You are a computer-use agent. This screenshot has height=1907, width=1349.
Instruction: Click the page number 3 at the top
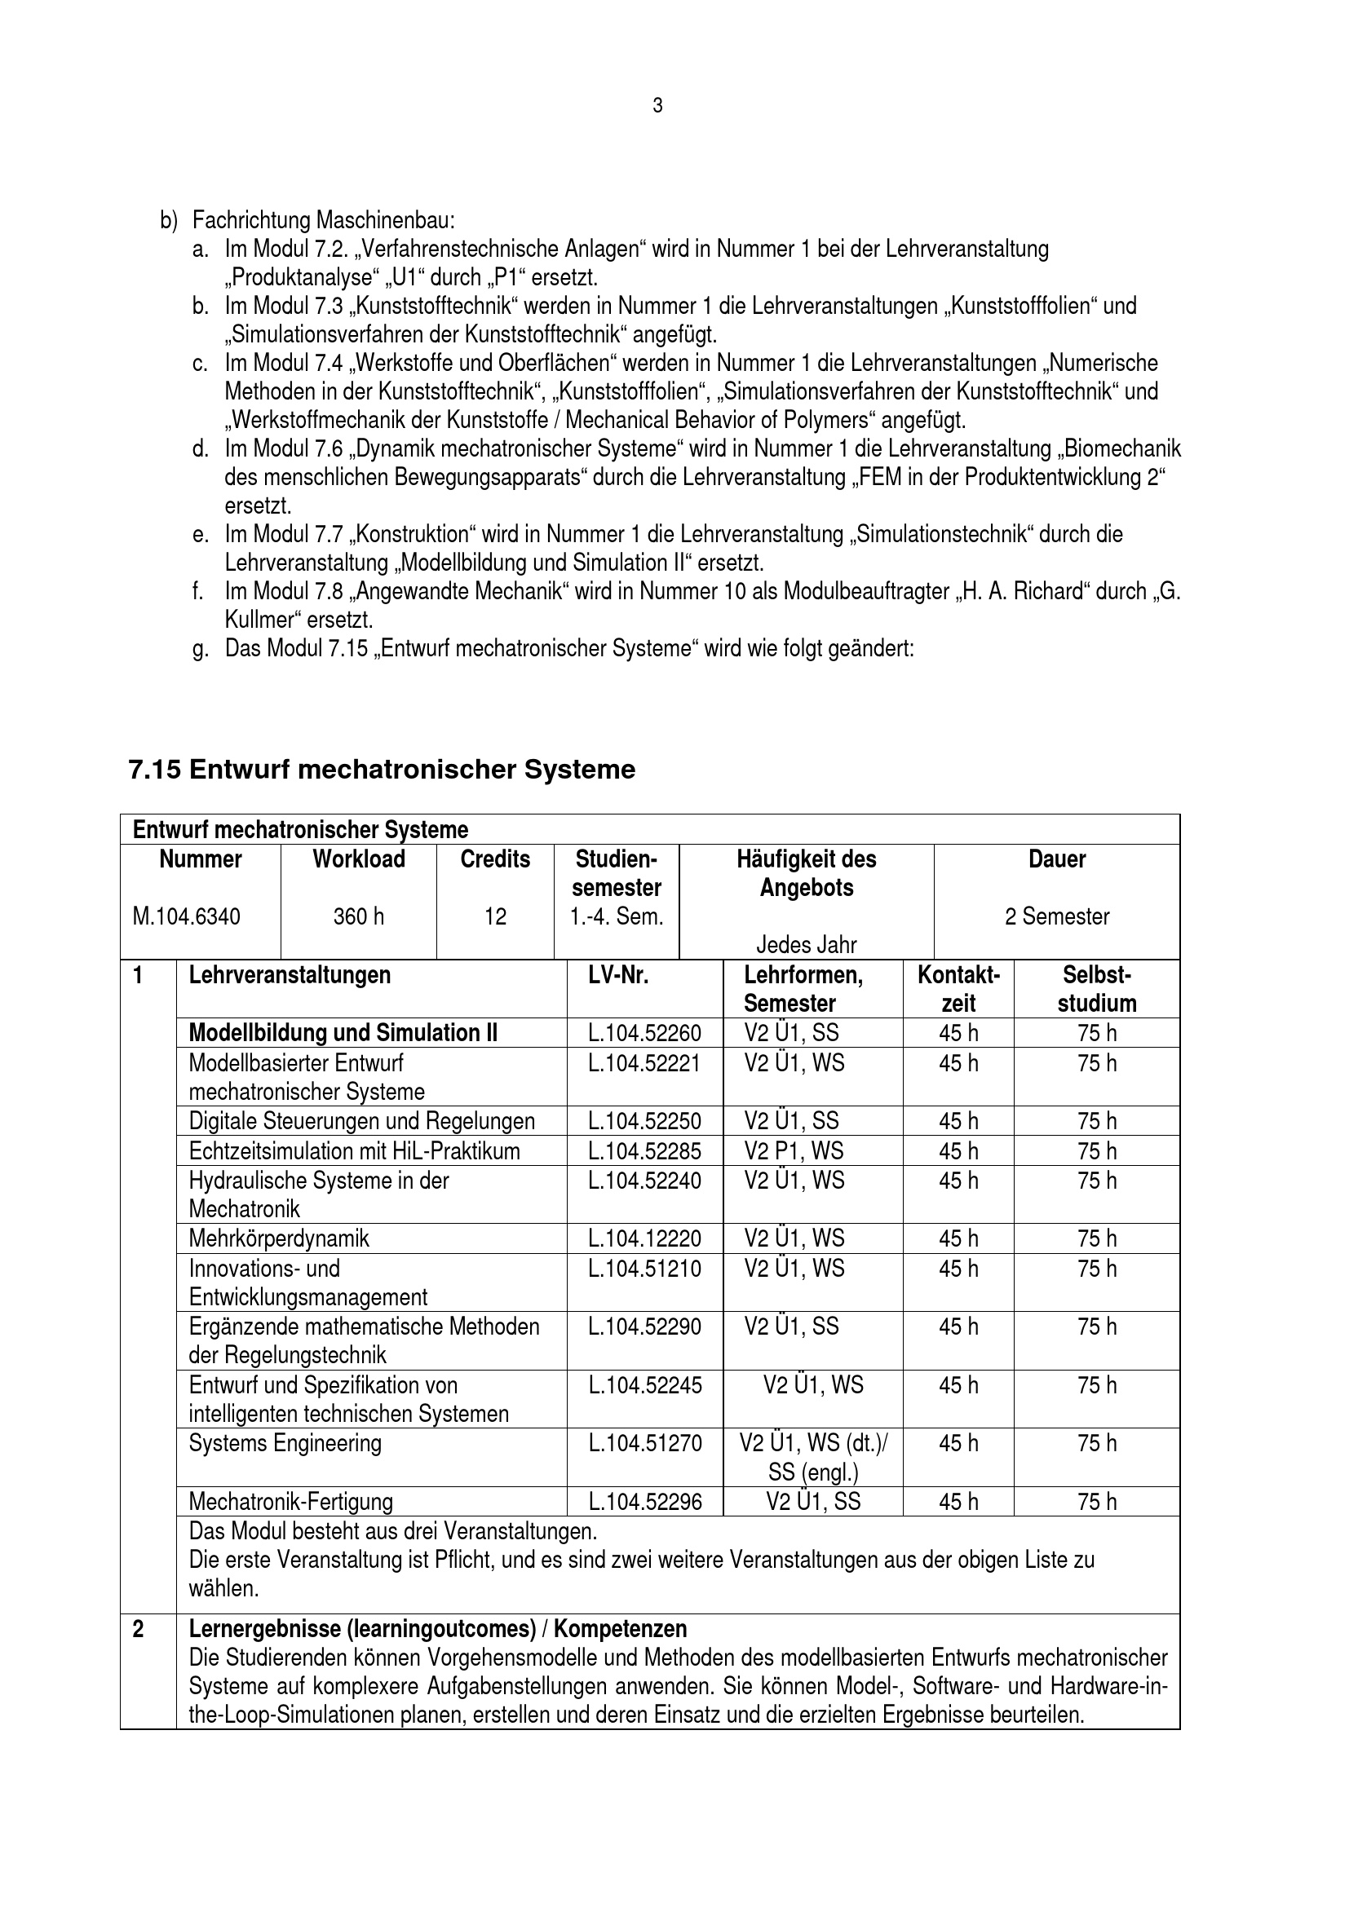(x=657, y=106)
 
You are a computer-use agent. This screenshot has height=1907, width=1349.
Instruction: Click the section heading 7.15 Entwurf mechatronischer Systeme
(x=382, y=769)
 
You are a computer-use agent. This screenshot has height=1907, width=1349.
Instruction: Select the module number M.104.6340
(x=187, y=916)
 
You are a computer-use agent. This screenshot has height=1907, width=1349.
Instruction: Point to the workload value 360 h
(x=358, y=916)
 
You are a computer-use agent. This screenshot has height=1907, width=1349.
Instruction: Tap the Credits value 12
(x=495, y=916)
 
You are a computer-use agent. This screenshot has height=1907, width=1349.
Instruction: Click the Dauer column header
(x=1056, y=859)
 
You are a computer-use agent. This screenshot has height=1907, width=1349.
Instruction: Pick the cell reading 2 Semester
(x=1056, y=916)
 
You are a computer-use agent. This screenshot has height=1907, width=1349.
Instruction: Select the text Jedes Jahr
(x=806, y=944)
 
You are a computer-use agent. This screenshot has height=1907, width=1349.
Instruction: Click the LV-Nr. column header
(x=618, y=974)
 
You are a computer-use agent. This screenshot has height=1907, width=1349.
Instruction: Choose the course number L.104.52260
(x=644, y=1032)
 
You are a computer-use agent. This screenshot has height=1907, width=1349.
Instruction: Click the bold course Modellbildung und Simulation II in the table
(x=343, y=1032)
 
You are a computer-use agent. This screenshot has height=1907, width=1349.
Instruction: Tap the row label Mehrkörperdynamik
(x=279, y=1238)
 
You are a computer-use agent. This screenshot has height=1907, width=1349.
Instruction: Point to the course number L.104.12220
(x=644, y=1238)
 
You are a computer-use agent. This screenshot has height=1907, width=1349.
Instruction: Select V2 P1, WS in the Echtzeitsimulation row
(x=794, y=1150)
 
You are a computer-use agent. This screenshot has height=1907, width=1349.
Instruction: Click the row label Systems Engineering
(x=285, y=1443)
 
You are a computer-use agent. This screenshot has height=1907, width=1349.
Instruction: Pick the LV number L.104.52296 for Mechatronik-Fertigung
(x=644, y=1501)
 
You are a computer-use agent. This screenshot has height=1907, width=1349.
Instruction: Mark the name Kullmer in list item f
(x=262, y=620)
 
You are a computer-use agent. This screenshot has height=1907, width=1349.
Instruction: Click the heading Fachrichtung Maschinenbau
(x=323, y=221)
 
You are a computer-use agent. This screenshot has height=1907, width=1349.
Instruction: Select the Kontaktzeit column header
(x=958, y=988)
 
